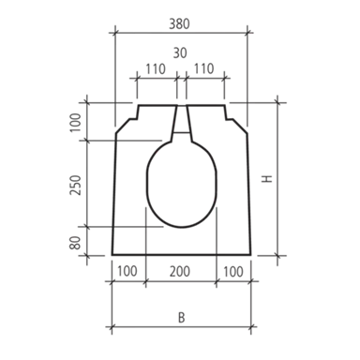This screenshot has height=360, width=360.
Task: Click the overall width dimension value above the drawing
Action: coord(179,22)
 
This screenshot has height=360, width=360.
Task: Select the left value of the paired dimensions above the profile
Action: coord(157,69)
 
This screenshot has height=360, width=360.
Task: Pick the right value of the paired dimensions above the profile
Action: coord(206,69)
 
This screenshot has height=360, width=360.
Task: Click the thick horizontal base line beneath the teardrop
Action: coord(178,251)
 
